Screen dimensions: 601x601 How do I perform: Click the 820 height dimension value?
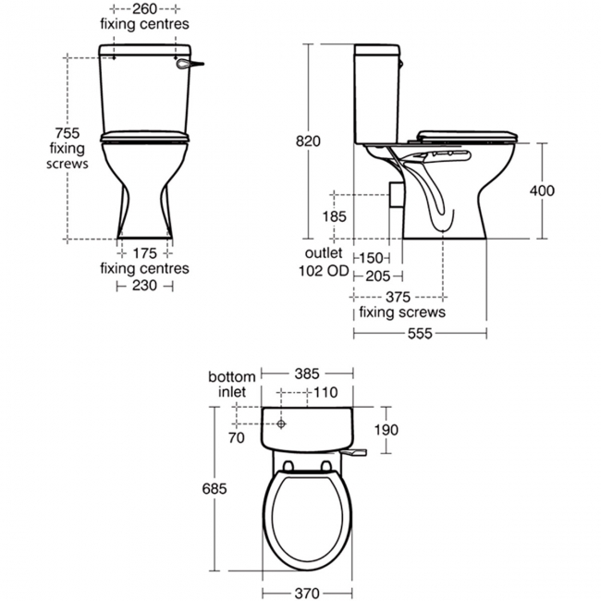coord(308,141)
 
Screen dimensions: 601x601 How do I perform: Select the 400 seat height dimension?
coord(542,190)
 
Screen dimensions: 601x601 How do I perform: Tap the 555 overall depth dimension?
coord(420,334)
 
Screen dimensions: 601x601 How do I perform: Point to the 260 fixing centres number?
coord(144,9)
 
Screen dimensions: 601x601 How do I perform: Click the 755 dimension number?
coord(67,133)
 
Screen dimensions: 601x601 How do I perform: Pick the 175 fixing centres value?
coord(144,253)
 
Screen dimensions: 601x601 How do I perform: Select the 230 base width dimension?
coord(144,285)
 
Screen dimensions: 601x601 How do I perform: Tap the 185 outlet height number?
coord(334,216)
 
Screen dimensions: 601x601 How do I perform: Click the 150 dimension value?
coord(372,258)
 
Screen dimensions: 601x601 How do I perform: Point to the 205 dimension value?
coord(378,276)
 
